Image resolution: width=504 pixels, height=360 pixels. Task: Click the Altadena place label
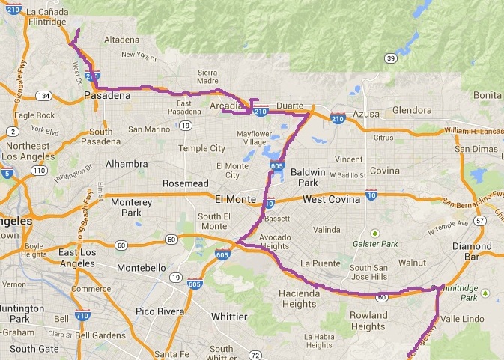pos(121,38)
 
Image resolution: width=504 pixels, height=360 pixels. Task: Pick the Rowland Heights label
pos(368,320)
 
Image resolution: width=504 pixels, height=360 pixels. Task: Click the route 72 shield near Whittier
pos(255,354)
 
